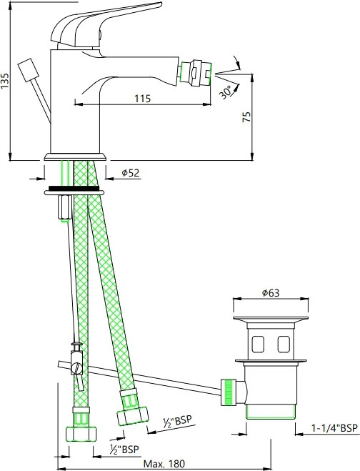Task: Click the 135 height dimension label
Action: (5, 80)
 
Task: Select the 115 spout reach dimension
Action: (142, 99)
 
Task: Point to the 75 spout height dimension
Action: (247, 116)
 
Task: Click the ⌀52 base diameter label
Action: (131, 173)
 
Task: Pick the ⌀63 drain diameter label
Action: (270, 292)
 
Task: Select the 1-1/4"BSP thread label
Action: (334, 427)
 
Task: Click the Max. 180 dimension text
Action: (164, 464)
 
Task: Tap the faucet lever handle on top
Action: (105, 26)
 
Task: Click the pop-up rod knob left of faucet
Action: (28, 70)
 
